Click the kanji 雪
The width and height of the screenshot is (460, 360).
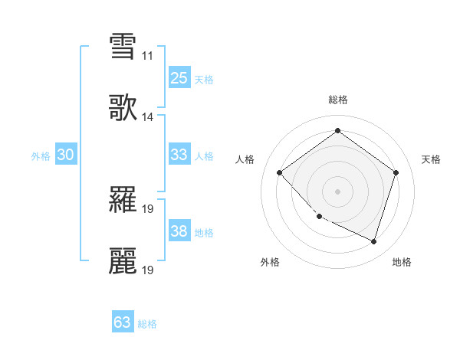point(123,46)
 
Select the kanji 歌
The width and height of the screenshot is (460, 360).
point(123,108)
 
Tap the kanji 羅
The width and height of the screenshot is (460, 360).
point(123,201)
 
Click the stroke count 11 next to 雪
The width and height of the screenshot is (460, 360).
point(147,56)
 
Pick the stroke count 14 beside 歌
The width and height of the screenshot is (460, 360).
point(147,117)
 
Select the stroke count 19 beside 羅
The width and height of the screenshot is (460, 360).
point(148,209)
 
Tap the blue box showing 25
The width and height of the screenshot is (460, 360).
point(179,77)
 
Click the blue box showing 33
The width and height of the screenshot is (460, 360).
point(179,155)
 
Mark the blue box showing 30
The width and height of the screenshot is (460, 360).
point(66,155)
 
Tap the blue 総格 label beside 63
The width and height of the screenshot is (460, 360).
point(147,324)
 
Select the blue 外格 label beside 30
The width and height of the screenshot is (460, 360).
point(41,155)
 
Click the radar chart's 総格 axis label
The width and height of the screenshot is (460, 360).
point(338,100)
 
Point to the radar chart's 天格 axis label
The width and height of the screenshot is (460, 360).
point(432,159)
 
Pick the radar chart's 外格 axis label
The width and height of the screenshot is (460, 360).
point(270,262)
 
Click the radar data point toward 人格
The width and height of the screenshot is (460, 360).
point(280,173)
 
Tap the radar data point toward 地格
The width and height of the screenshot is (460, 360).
point(373,241)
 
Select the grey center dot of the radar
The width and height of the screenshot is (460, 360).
point(337,191)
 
